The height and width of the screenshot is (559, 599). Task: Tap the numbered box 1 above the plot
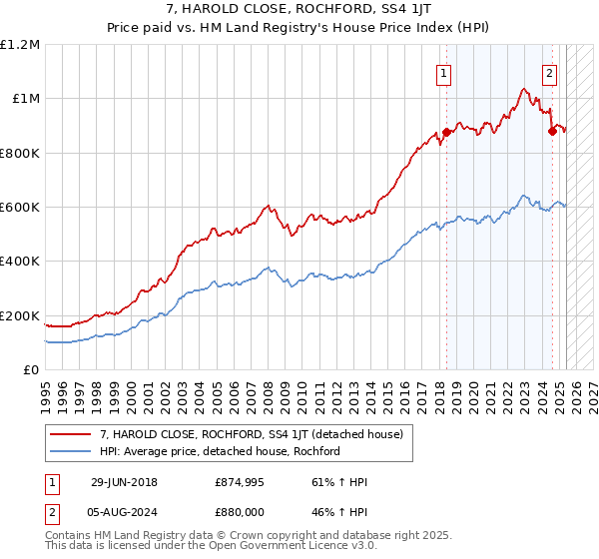click(442, 72)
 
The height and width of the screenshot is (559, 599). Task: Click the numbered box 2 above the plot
click(549, 72)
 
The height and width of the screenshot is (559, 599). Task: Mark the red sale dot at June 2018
click(447, 132)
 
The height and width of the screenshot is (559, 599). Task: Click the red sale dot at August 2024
click(552, 131)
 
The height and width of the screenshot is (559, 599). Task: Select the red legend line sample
click(71, 434)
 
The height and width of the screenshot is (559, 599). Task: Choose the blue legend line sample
click(71, 451)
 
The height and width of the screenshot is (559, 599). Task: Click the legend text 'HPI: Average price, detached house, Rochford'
click(220, 451)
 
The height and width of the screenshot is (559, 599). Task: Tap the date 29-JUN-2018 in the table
click(124, 482)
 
